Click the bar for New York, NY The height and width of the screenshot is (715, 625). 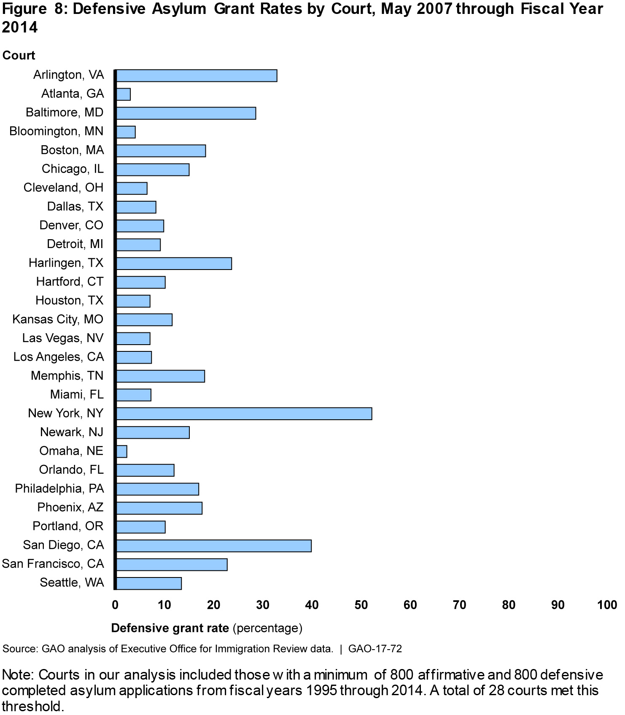(x=244, y=414)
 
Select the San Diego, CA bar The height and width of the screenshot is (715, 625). (x=213, y=546)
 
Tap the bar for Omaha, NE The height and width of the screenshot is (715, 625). (x=121, y=451)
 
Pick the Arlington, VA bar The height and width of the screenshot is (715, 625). (x=197, y=76)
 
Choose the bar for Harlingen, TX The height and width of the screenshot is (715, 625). (x=174, y=263)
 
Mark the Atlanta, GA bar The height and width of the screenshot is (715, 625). (x=123, y=94)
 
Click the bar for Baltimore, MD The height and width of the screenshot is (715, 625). (x=186, y=113)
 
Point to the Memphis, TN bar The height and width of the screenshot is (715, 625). (x=160, y=376)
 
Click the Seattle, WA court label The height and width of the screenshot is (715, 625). (x=72, y=583)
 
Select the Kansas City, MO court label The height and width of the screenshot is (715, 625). (x=58, y=319)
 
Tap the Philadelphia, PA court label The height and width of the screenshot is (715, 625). (x=59, y=488)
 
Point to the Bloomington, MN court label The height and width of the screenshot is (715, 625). (x=57, y=131)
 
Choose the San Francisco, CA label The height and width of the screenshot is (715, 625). (x=53, y=564)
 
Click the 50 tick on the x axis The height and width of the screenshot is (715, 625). (x=361, y=605)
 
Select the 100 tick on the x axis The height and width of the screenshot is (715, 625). (x=607, y=605)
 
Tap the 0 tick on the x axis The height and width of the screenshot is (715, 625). (x=115, y=605)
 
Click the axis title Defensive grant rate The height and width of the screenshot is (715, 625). (x=170, y=628)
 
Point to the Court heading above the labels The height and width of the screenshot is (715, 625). (x=19, y=55)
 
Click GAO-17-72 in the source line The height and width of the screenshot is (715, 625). (x=375, y=648)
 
